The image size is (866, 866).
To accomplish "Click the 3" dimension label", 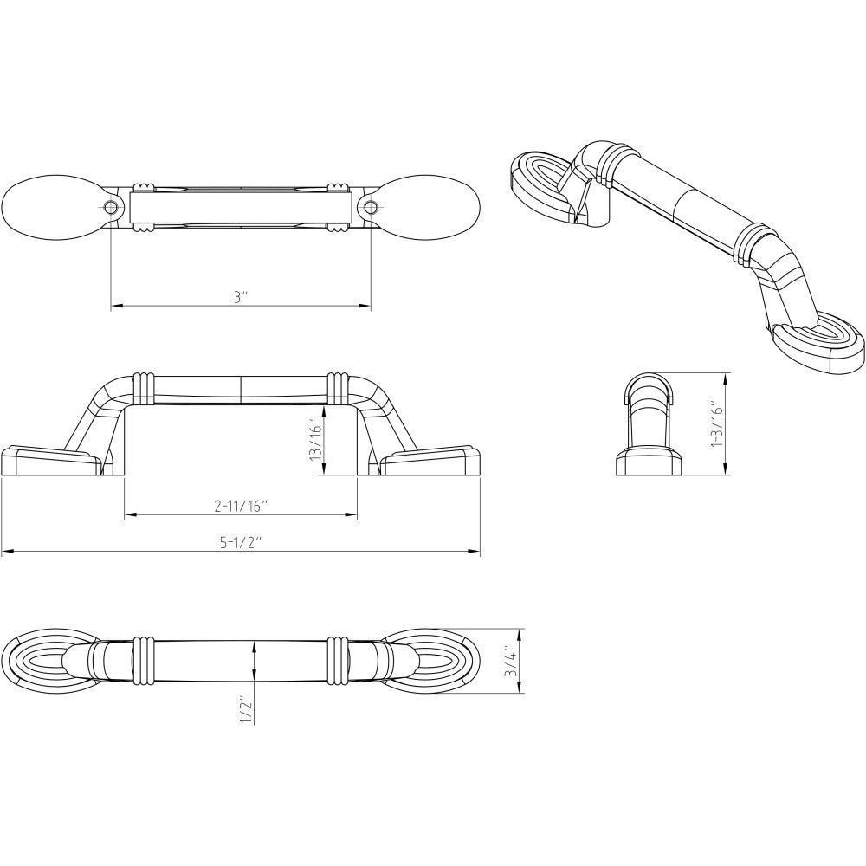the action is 239,297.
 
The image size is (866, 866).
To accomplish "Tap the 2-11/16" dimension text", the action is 241,506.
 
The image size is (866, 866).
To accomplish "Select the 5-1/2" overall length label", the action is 240,542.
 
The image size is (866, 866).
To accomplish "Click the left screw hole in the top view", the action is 111,208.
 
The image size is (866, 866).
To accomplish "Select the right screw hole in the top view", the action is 371,208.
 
